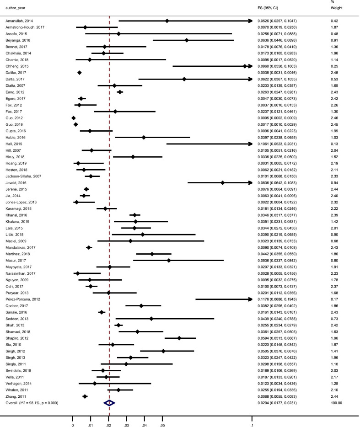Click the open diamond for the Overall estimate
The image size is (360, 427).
click(x=109, y=403)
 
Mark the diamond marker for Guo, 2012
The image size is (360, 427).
click(x=74, y=118)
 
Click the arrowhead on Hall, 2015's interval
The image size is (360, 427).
click(x=250, y=144)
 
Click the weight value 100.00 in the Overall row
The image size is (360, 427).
click(x=336, y=403)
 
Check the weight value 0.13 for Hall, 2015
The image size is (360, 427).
click(x=334, y=144)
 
